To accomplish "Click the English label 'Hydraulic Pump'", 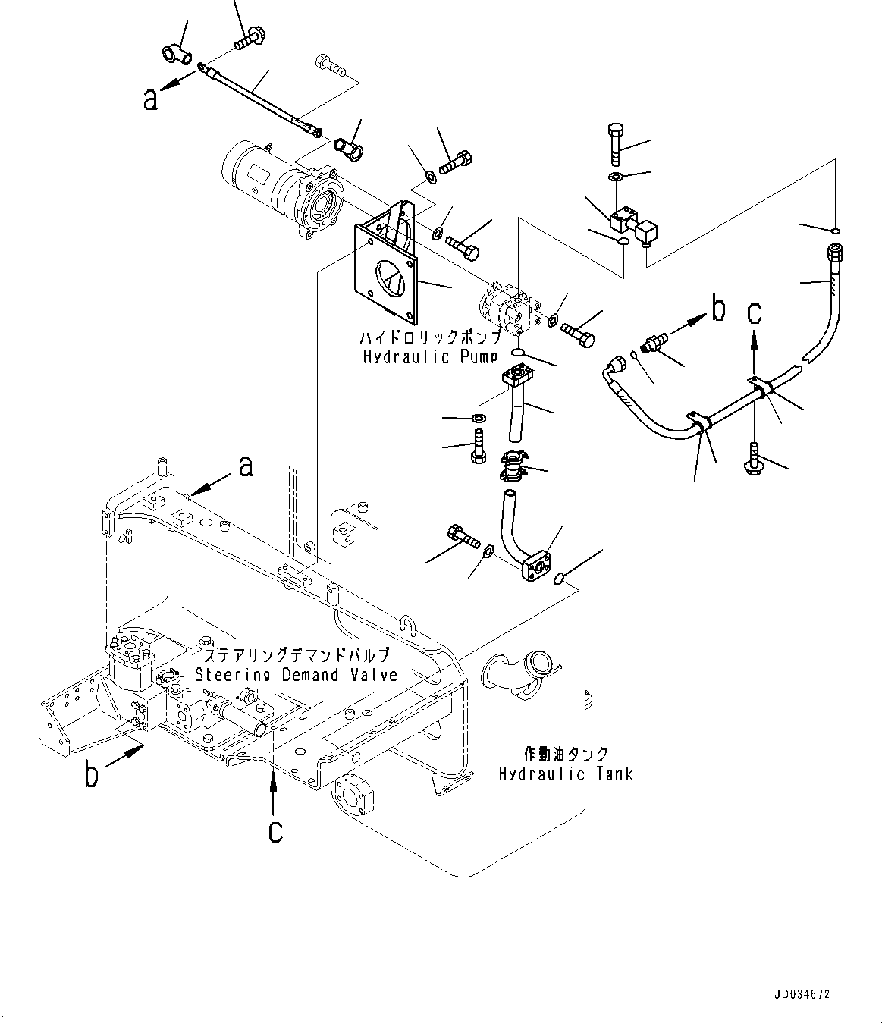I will click(x=428, y=356).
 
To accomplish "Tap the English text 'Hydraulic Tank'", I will click(x=565, y=774).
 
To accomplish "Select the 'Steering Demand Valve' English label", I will click(x=296, y=674).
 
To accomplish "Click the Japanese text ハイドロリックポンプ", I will click(x=430, y=337).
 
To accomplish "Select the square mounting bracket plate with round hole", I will click(x=387, y=265).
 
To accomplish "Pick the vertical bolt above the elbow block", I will click(x=614, y=143).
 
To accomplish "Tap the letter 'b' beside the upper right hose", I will click(x=717, y=309).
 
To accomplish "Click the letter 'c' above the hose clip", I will click(x=754, y=312).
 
